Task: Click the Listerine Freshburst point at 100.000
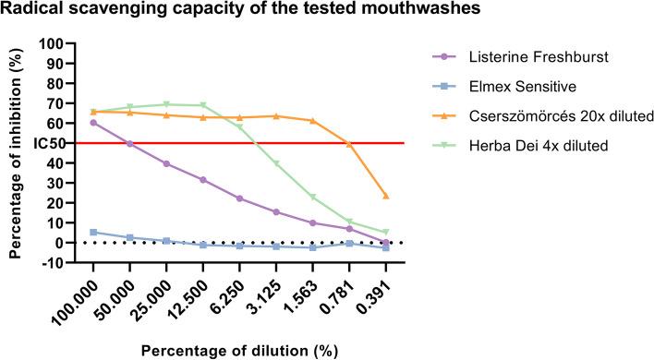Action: [93, 123]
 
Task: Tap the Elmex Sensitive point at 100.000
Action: [93, 232]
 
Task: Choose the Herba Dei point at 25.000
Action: [166, 104]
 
